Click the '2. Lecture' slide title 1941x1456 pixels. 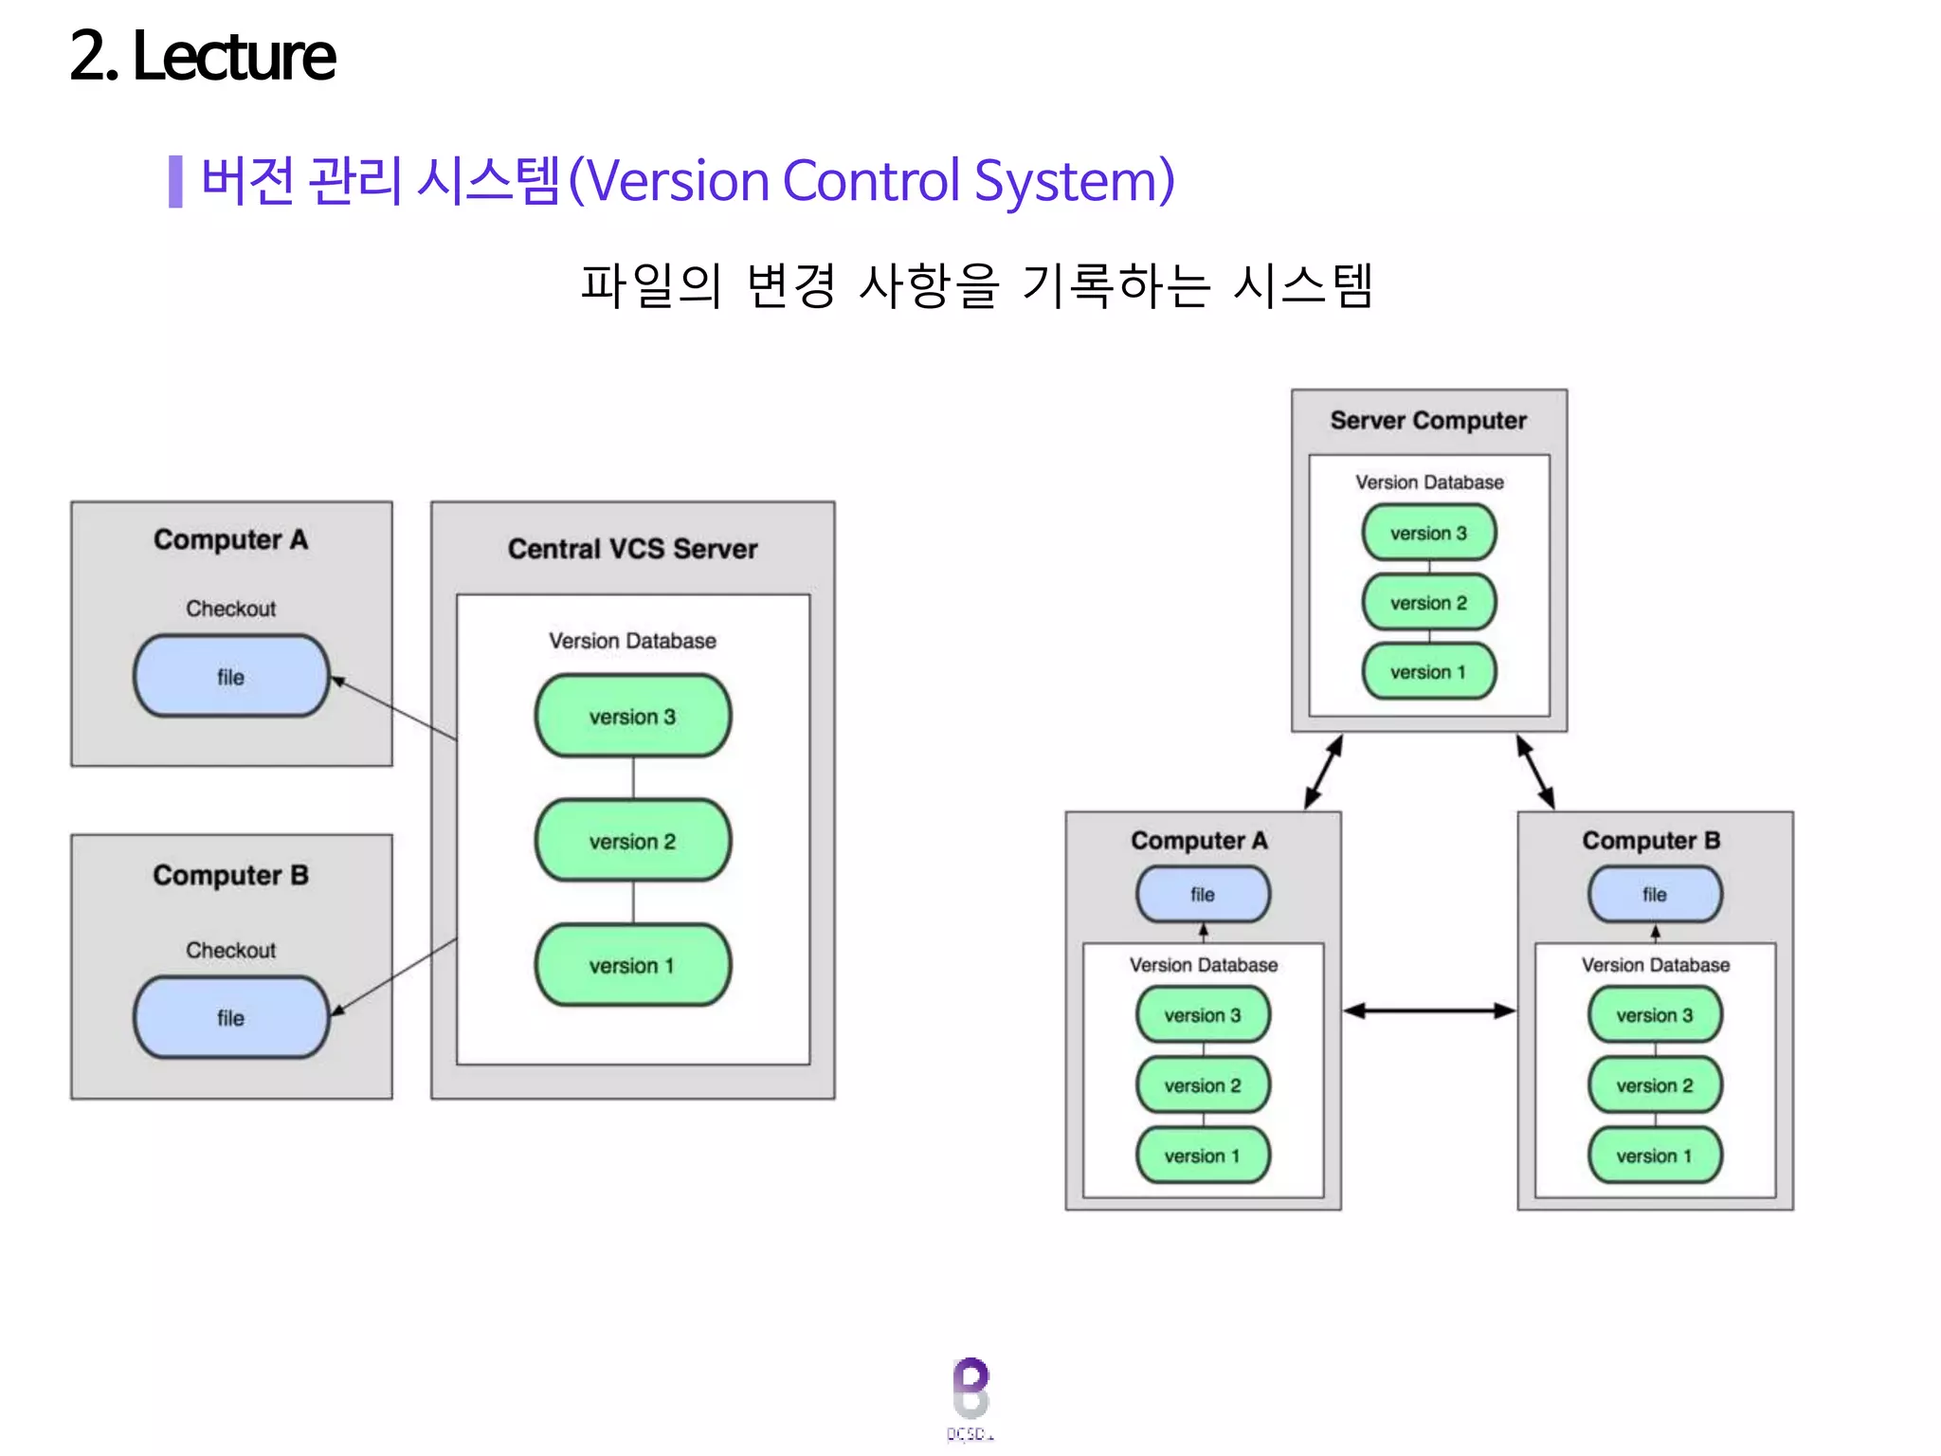tap(202, 57)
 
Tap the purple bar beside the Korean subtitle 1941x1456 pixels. tap(175, 181)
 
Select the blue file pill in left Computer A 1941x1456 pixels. tap(231, 677)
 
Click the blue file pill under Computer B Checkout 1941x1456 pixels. tap(231, 1018)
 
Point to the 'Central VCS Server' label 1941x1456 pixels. tap(632, 549)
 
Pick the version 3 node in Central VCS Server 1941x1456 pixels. tap(632, 717)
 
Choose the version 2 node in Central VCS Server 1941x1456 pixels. tap(632, 842)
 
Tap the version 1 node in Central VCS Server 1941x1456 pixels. tap(632, 966)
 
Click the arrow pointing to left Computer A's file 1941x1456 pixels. tap(392, 708)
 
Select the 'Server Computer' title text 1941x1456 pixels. tap(1428, 420)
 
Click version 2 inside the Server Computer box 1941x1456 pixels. tap(1428, 603)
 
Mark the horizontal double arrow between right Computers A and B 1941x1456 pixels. tap(1429, 1010)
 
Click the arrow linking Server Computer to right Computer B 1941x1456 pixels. tap(1535, 772)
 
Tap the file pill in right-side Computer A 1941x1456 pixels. tap(1203, 894)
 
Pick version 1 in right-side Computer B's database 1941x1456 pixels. tap(1654, 1156)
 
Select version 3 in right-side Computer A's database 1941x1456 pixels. tap(1203, 1015)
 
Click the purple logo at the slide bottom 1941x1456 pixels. tap(970, 1389)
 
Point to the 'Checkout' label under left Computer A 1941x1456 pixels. tap(230, 609)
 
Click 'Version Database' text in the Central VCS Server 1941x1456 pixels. tap(632, 641)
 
